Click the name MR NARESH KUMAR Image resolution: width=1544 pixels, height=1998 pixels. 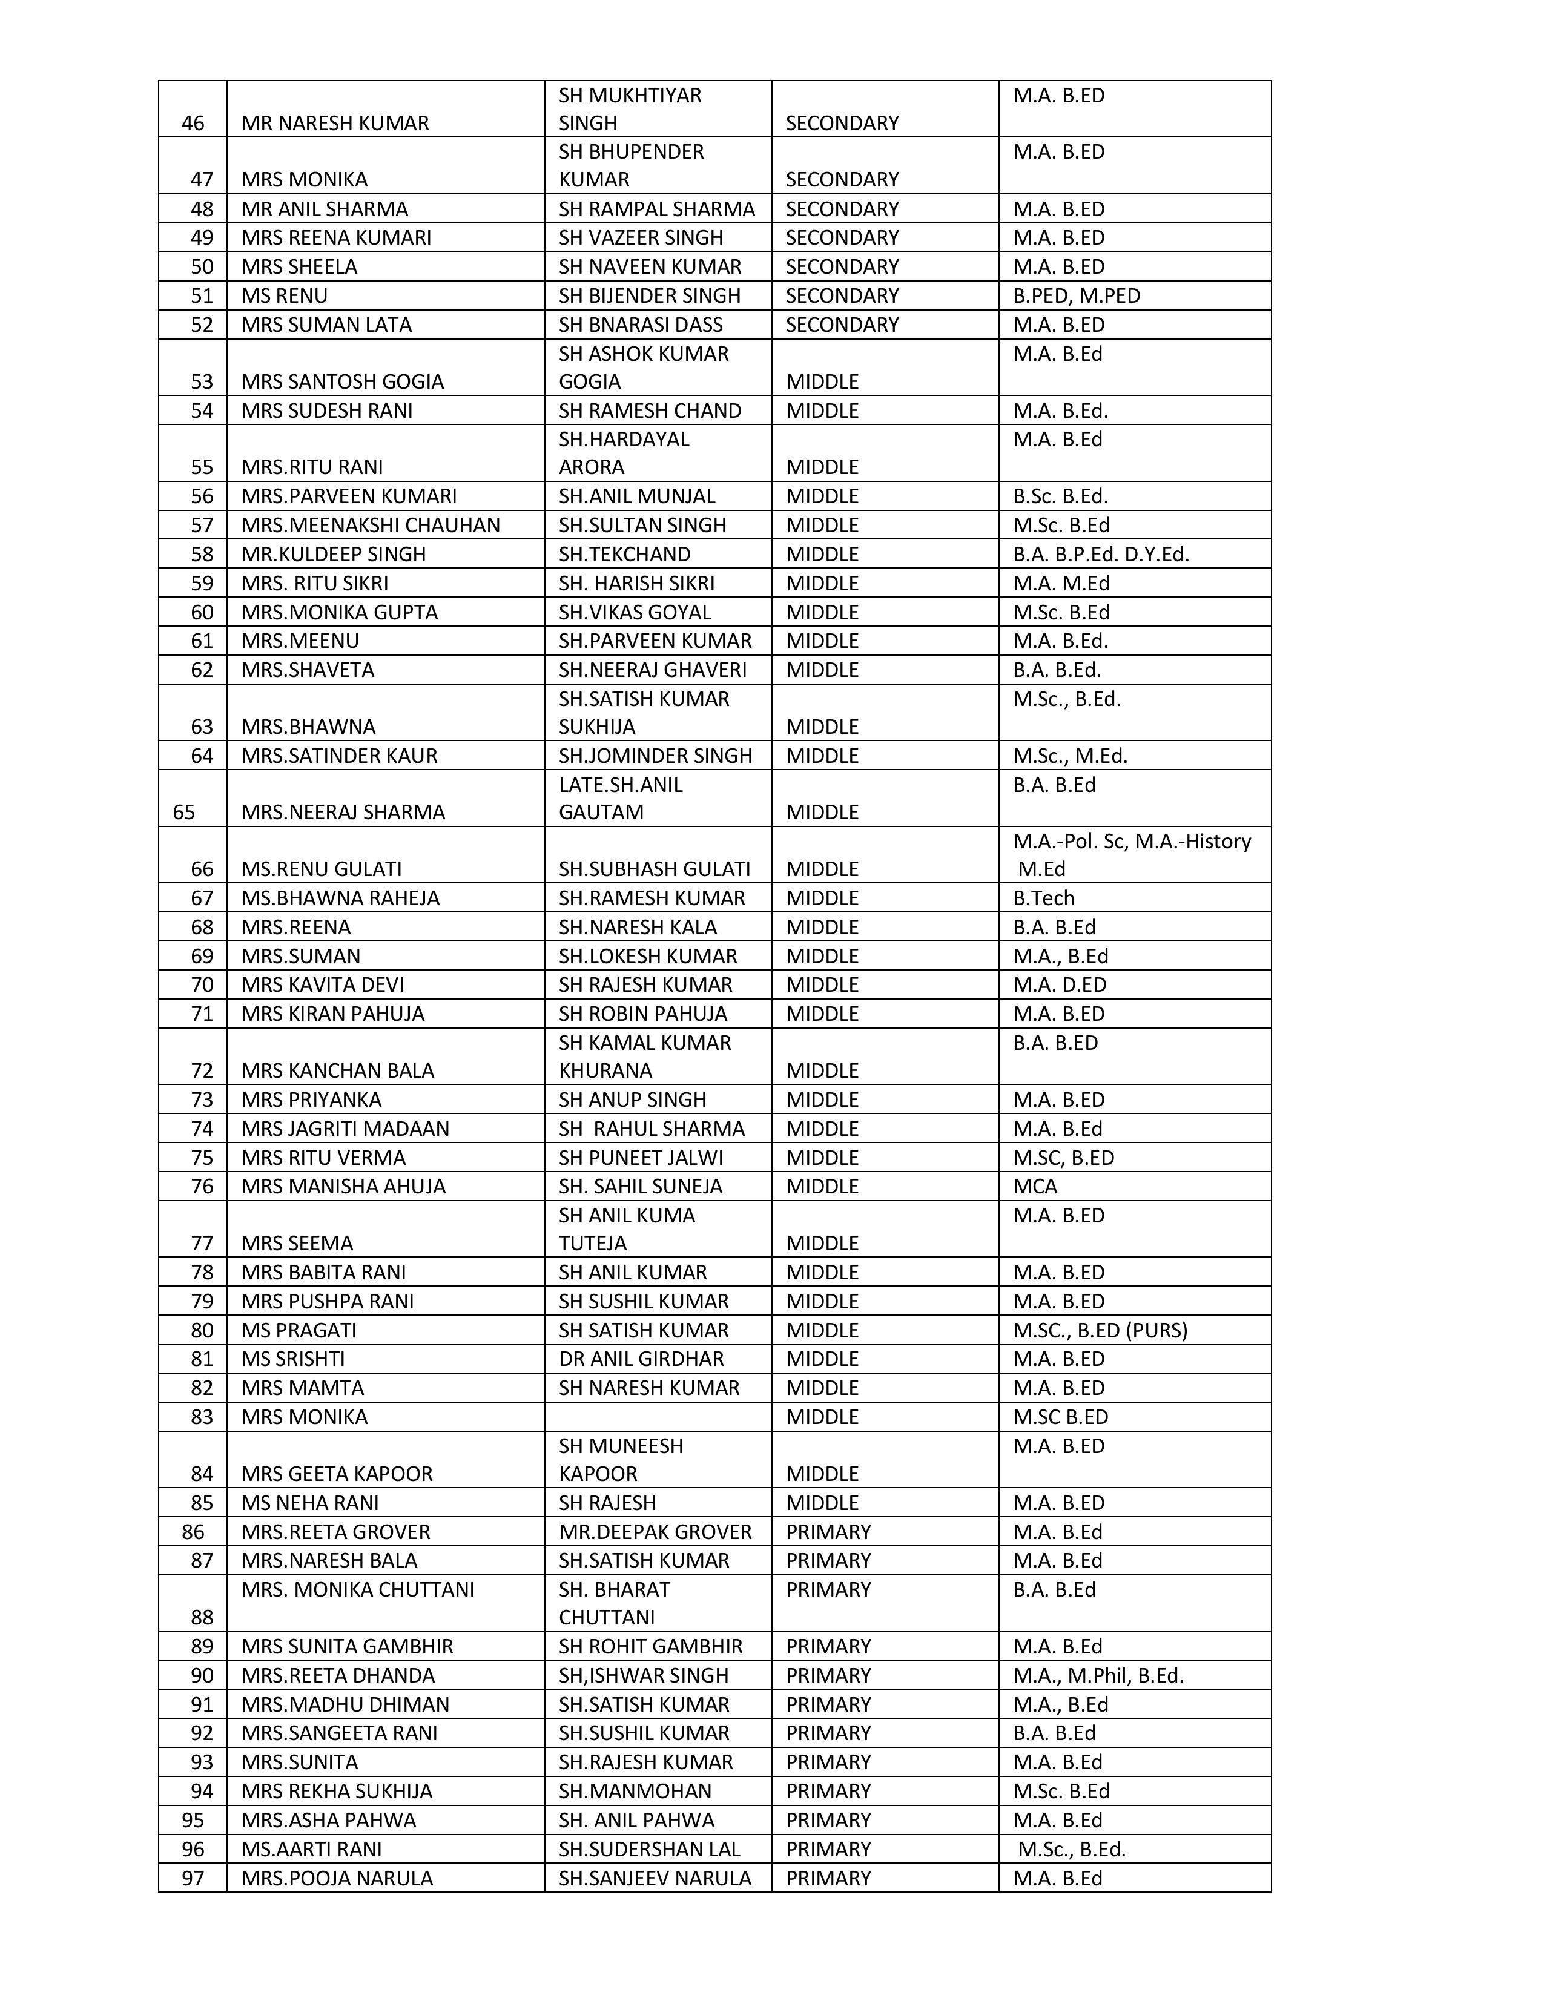pyautogui.click(x=335, y=124)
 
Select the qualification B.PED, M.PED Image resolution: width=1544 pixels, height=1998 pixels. pyautogui.click(x=1076, y=295)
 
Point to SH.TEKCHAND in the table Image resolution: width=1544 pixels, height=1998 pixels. pyautogui.click(x=625, y=555)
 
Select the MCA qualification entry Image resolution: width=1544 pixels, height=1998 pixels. pyautogui.click(x=1035, y=1187)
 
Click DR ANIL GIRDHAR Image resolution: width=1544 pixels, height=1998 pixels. pyautogui.click(x=641, y=1359)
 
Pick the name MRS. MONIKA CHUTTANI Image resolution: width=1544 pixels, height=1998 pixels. pyautogui.click(x=358, y=1589)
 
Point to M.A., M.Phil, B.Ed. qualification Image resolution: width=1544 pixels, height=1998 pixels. pyautogui.click(x=1098, y=1675)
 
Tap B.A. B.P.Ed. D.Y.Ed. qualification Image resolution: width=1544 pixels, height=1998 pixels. pyautogui.click(x=1100, y=555)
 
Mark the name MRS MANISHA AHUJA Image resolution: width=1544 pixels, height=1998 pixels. pyautogui.click(x=343, y=1187)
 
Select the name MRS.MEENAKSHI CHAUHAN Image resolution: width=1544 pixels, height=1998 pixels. pyautogui.click(x=371, y=525)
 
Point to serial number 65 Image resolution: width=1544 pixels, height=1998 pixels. pyautogui.click(x=184, y=813)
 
